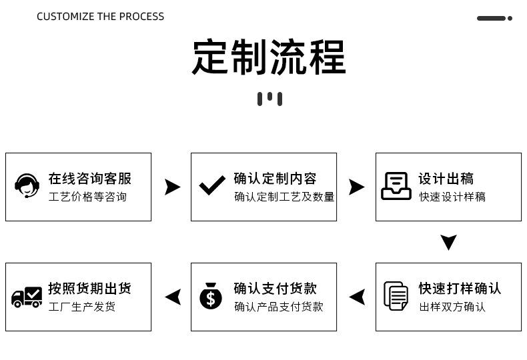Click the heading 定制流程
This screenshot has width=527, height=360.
(x=269, y=57)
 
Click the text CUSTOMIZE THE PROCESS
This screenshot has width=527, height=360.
(x=101, y=17)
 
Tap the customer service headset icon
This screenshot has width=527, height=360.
(x=27, y=186)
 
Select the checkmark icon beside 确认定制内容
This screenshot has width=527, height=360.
(x=212, y=185)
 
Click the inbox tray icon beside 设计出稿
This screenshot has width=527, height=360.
(x=396, y=186)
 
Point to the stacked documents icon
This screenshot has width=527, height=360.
(x=396, y=296)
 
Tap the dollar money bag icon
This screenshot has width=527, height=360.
(x=211, y=296)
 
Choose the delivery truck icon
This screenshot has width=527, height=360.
(x=27, y=297)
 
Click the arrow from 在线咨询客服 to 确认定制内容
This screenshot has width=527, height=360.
(x=172, y=187)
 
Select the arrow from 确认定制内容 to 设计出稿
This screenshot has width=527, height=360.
(x=356, y=187)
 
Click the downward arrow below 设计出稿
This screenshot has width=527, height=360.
(x=449, y=242)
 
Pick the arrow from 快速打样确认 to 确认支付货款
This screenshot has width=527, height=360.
(x=358, y=297)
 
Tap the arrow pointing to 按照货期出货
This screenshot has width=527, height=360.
(x=173, y=297)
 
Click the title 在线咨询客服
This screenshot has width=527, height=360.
(x=90, y=179)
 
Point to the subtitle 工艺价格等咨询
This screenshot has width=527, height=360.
(x=87, y=197)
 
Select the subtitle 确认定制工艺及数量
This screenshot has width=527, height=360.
(x=284, y=197)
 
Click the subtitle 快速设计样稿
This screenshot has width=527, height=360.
(x=452, y=197)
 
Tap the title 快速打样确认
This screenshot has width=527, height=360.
(x=460, y=289)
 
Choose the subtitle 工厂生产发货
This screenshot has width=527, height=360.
(x=82, y=307)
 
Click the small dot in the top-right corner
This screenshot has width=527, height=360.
(x=510, y=18)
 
